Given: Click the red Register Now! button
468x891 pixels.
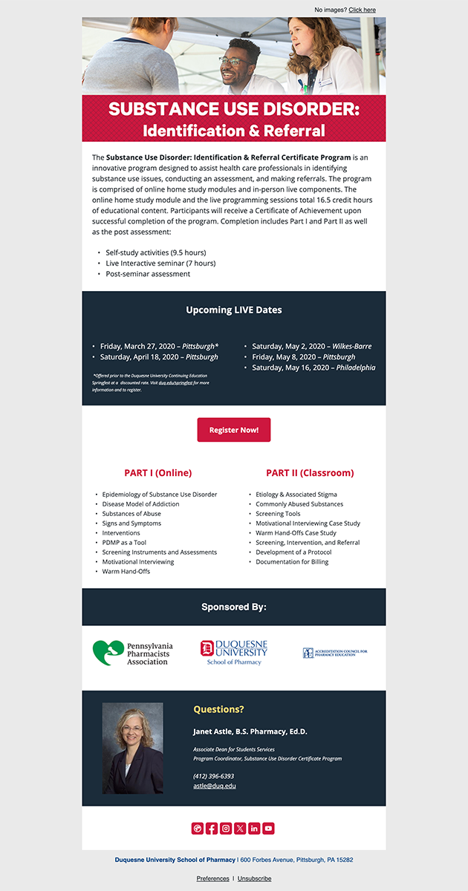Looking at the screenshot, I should pyautogui.click(x=233, y=430).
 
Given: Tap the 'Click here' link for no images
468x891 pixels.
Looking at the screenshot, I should pyautogui.click(x=362, y=10).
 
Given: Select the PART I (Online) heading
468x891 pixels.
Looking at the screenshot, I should pyautogui.click(x=157, y=473).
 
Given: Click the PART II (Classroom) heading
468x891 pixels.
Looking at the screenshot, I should pyautogui.click(x=310, y=473).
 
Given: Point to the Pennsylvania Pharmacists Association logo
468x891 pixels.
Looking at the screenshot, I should pyautogui.click(x=132, y=653).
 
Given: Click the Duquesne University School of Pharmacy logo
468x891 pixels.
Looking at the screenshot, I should pyautogui.click(x=233, y=652).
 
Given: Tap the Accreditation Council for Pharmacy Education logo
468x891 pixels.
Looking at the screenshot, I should pyautogui.click(x=334, y=653).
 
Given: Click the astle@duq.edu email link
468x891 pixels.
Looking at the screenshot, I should pyautogui.click(x=215, y=786).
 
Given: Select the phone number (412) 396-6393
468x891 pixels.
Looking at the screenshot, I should pyautogui.click(x=213, y=776).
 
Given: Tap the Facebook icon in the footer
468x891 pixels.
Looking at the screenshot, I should pyautogui.click(x=212, y=829).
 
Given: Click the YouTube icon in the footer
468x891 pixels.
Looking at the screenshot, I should pyautogui.click(x=268, y=829).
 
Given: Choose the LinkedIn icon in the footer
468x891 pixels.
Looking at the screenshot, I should pyautogui.click(x=254, y=829).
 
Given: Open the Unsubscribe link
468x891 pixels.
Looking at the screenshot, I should pyautogui.click(x=254, y=878).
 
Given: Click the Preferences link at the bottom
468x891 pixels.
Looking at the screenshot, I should pyautogui.click(x=212, y=878).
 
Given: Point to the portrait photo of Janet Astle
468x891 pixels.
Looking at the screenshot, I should pyautogui.click(x=132, y=748).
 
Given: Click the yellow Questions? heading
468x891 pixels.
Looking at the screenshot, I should pyautogui.click(x=218, y=709).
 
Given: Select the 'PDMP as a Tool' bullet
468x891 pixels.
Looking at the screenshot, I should pyautogui.click(x=124, y=543).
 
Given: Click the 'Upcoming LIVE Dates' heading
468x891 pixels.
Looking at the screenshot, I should pyautogui.click(x=234, y=310).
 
